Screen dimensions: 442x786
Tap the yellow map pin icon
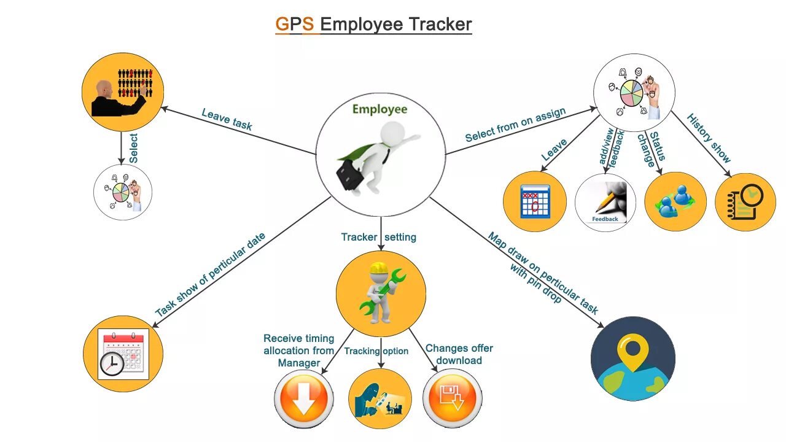(x=633, y=349)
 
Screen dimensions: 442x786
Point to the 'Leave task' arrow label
(x=227, y=119)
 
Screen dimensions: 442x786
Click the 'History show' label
(x=709, y=138)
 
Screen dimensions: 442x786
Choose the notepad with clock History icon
(x=745, y=202)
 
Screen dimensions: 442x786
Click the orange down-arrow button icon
(x=304, y=398)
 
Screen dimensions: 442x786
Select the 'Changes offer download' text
(x=459, y=354)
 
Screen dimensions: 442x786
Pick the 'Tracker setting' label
(x=379, y=237)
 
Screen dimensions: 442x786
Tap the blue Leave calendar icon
(x=534, y=201)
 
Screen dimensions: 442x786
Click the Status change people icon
(x=675, y=201)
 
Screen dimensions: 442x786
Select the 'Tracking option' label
(x=376, y=351)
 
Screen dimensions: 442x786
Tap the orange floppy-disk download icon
(x=453, y=398)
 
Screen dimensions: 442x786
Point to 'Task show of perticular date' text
(x=210, y=274)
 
